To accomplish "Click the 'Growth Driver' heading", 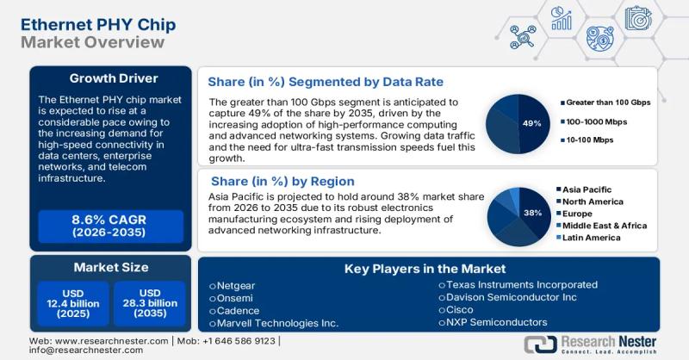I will [x=110, y=78].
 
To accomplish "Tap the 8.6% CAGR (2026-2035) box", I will [x=110, y=226].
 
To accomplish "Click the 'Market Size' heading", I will [x=110, y=267].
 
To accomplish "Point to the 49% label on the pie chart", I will [x=531, y=123].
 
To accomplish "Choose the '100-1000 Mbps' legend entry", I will [x=596, y=121].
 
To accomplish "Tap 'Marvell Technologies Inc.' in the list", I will [x=273, y=323].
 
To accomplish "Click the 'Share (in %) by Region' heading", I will [x=282, y=181].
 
